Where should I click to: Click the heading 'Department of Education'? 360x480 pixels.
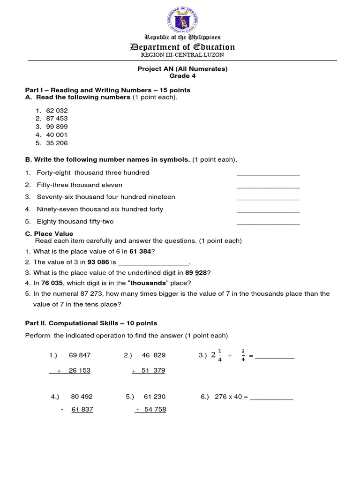click(x=182, y=46)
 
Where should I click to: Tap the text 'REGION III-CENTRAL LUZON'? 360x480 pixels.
click(x=182, y=55)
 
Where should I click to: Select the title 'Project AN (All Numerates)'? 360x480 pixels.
click(x=182, y=69)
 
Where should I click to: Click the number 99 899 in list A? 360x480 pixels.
click(x=57, y=127)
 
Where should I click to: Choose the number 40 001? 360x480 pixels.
click(x=57, y=135)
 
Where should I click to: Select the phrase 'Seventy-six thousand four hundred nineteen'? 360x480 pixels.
click(x=106, y=197)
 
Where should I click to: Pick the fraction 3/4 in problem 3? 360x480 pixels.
click(x=243, y=355)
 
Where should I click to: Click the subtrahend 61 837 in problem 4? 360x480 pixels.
click(x=82, y=409)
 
